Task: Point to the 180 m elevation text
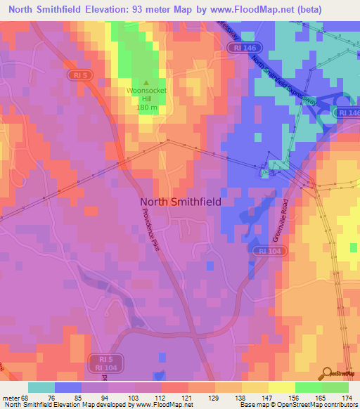tap(148, 108)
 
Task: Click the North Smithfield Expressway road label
tap(278, 74)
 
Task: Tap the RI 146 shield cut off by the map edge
tap(349, 112)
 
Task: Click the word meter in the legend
tap(11, 398)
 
